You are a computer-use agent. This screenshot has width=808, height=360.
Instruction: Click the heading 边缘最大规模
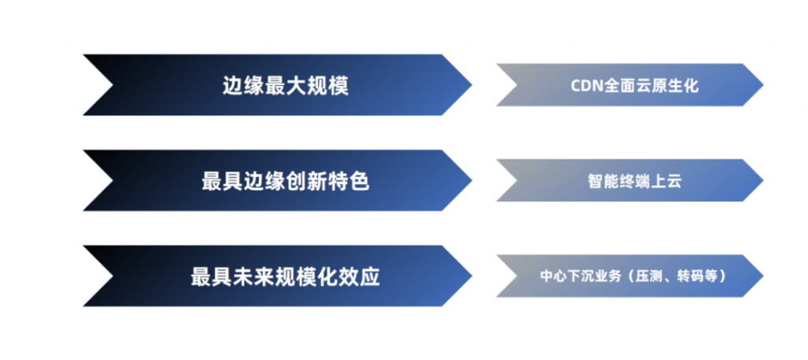[286, 85]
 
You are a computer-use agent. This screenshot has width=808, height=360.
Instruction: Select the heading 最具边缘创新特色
[286, 181]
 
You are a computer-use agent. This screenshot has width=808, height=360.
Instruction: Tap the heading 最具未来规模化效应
[286, 277]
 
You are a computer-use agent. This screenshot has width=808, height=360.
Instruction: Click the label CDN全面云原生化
[634, 85]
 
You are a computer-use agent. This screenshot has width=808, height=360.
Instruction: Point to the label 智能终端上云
[634, 181]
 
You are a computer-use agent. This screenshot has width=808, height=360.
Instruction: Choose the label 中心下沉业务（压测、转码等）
[634, 276]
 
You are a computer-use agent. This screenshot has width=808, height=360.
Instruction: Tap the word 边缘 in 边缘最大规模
[243, 85]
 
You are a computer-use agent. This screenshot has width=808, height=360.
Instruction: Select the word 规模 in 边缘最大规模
[328, 85]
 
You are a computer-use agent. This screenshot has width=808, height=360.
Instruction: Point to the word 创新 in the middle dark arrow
[307, 181]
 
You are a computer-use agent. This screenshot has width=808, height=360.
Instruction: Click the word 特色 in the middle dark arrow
[349, 181]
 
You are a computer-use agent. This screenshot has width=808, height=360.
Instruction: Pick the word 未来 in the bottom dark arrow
[253, 277]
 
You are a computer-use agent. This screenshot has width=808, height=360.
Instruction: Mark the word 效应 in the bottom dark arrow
[360, 277]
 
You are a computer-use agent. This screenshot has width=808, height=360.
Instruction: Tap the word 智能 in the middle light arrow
[603, 181]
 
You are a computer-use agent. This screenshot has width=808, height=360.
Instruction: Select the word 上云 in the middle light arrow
[666, 181]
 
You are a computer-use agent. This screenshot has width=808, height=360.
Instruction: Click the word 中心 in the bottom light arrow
[552, 276]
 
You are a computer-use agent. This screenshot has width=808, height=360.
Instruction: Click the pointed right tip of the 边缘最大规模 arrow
[472, 85]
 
